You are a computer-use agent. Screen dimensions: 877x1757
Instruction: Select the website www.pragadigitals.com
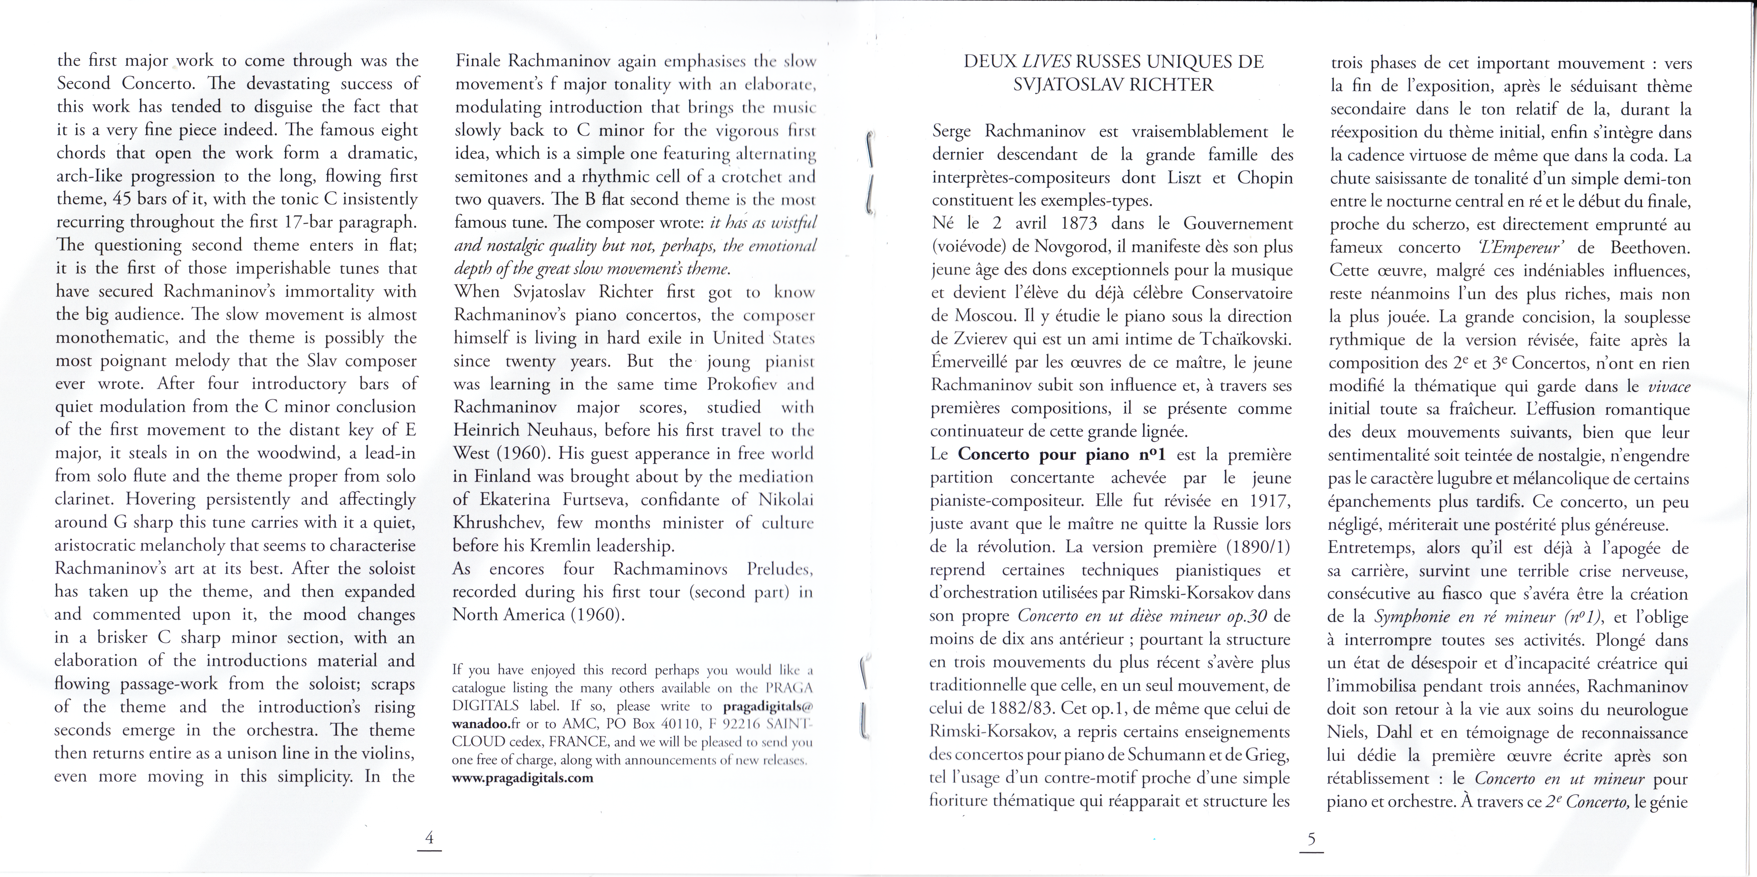point(523,778)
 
